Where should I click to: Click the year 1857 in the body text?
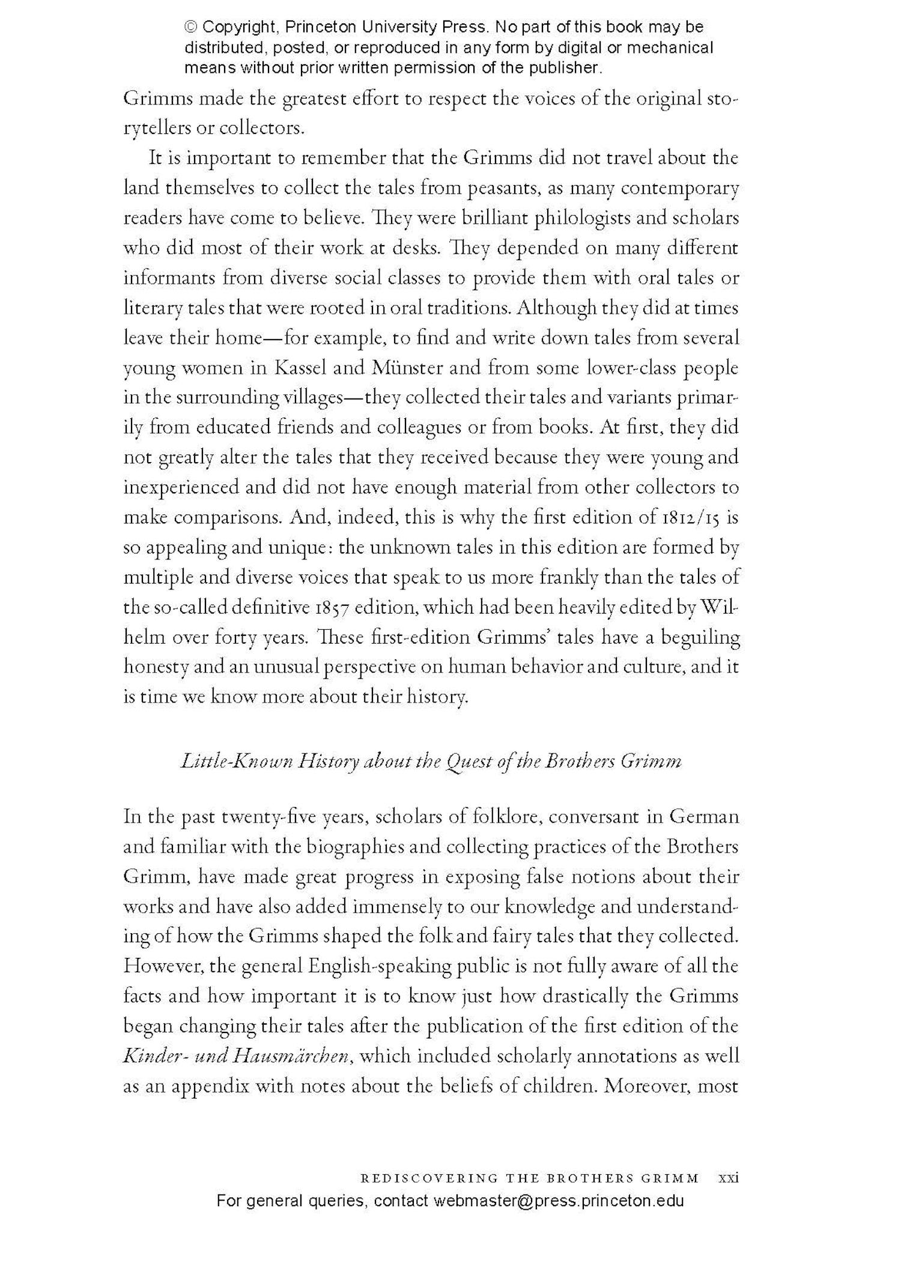[327, 608]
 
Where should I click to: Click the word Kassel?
[300, 368]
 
